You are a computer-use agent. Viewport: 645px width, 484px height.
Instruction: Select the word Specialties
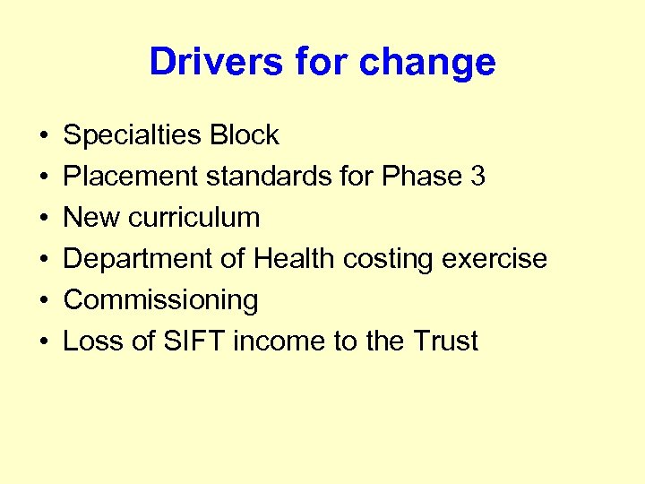(133, 135)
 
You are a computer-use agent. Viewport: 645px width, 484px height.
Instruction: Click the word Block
(245, 135)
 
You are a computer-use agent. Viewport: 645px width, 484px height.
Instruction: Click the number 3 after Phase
(477, 177)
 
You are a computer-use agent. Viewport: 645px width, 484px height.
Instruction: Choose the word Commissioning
(161, 300)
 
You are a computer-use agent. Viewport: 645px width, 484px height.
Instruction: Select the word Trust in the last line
(445, 341)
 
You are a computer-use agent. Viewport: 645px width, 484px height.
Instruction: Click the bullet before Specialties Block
(43, 136)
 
